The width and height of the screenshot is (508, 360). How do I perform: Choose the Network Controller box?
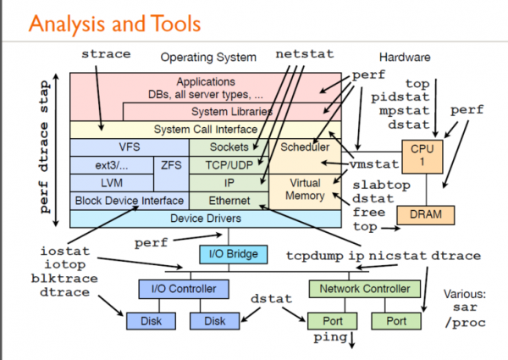pyautogui.click(x=363, y=289)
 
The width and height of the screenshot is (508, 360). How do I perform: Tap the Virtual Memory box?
pyautogui.click(x=306, y=189)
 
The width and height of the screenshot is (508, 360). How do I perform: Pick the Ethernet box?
pyautogui.click(x=228, y=201)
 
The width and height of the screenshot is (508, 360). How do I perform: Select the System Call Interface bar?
pyautogui.click(x=206, y=130)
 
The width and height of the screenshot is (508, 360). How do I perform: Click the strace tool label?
pyautogui.click(x=106, y=54)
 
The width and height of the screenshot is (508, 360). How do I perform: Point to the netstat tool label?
pyautogui.click(x=300, y=54)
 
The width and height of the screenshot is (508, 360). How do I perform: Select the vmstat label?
pyautogui.click(x=374, y=163)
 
